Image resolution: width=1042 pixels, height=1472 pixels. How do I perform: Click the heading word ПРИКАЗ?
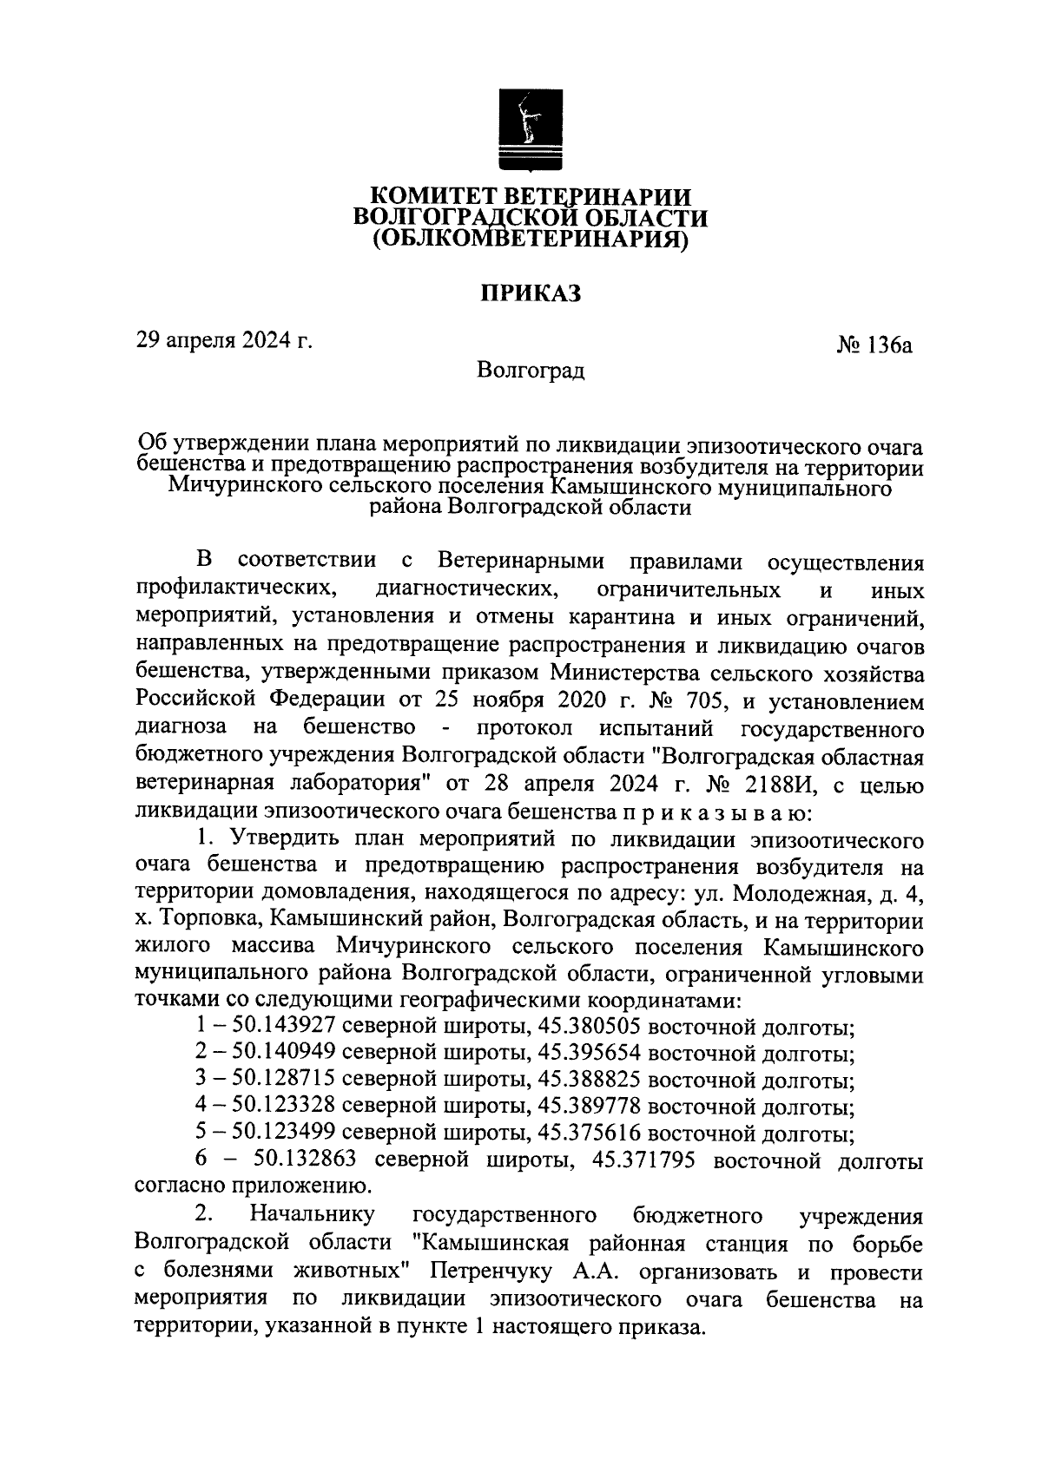coord(531,293)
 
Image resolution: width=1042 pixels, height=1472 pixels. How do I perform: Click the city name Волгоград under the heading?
coord(531,371)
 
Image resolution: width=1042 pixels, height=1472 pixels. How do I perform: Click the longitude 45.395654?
coord(590,1055)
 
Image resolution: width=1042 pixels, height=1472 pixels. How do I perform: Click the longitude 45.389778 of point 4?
coord(590,1108)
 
